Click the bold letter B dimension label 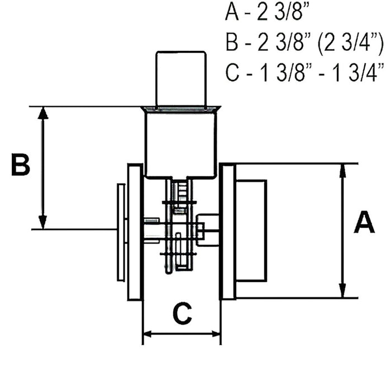pos(21,165)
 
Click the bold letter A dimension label pos(364,222)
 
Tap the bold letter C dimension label pos(183,313)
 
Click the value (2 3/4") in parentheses pos(351,42)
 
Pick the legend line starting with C pos(304,73)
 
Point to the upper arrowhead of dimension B pos(44,113)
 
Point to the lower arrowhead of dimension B pos(43,222)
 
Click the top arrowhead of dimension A pos(342,170)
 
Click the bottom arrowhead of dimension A pos(343,291)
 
